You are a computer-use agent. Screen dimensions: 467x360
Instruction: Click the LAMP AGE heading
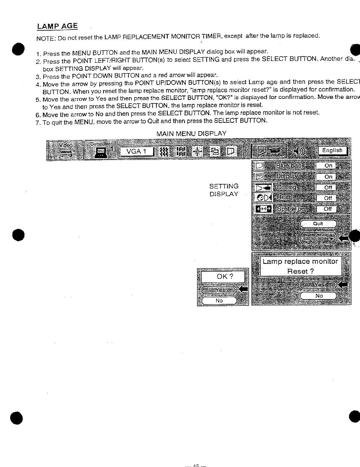tap(57, 26)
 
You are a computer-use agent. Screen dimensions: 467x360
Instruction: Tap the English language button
tap(332, 151)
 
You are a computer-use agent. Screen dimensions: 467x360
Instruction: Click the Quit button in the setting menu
tap(318, 224)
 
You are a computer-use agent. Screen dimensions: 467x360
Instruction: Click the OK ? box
tap(223, 276)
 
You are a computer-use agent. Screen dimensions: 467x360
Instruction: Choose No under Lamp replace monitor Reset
tap(319, 296)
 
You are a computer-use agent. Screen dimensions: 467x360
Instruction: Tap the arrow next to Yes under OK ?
tap(243, 289)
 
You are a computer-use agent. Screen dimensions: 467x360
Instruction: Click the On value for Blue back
tap(328, 166)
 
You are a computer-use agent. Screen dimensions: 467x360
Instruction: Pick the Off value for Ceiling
tap(328, 188)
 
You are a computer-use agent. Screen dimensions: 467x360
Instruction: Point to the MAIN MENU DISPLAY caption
tap(191, 134)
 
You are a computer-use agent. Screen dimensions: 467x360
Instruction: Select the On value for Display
tap(328, 177)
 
